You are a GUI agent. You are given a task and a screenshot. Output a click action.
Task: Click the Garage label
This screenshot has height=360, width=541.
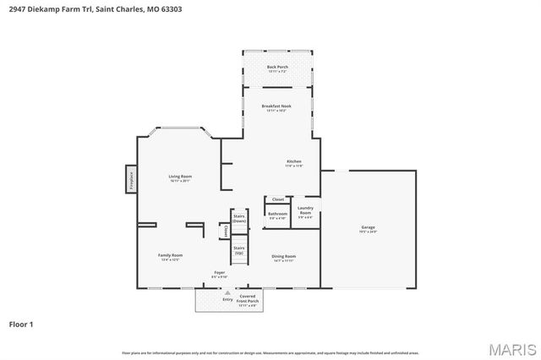coord(368,227)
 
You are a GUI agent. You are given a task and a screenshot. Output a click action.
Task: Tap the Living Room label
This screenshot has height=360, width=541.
coord(180,176)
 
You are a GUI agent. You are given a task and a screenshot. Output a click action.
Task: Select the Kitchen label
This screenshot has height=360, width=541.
coord(293,161)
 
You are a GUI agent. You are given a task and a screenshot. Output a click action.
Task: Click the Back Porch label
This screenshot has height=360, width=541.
coord(277,67)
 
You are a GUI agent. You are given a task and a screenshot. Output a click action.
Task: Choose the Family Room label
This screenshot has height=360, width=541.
coord(170,255)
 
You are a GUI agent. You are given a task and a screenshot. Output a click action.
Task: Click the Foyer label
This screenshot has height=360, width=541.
coord(219,273)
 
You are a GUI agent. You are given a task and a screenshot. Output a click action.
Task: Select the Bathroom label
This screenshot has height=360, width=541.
coord(277,214)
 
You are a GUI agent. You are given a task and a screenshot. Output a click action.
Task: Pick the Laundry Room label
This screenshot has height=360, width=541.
coord(305,210)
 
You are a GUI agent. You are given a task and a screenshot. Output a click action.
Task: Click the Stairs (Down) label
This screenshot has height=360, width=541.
coord(239,218)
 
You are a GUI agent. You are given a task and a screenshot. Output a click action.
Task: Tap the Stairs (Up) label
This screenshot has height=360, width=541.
coord(239,249)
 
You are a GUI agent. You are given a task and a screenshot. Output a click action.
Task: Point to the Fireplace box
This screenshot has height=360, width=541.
coord(131,178)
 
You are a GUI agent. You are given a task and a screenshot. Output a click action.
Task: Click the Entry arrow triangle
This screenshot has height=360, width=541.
coord(227,292)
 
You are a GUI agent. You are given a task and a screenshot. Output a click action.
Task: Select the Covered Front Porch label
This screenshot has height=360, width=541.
coord(248,298)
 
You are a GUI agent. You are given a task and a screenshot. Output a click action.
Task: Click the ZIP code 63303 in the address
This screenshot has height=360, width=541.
coord(169,9)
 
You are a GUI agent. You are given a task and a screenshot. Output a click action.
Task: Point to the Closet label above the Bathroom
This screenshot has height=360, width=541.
coord(277,199)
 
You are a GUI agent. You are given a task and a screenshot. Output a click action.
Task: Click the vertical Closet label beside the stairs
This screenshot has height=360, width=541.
coord(226,231)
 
